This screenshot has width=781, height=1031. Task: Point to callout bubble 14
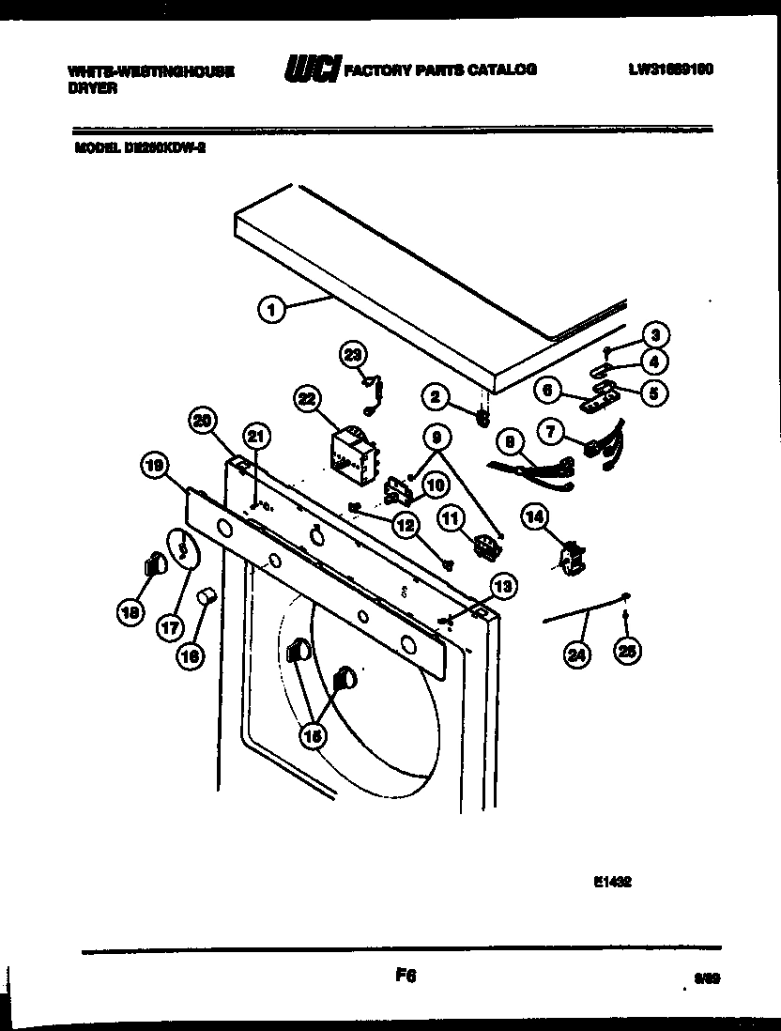click(x=534, y=517)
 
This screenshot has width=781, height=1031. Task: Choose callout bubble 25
click(x=625, y=649)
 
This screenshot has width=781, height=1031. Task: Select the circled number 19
click(x=155, y=465)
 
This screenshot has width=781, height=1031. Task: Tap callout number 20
click(x=202, y=421)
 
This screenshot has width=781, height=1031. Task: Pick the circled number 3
click(x=656, y=334)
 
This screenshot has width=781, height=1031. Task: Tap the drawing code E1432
click(x=610, y=882)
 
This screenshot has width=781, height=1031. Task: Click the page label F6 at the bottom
click(x=405, y=977)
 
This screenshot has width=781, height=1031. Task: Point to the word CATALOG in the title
click(x=500, y=70)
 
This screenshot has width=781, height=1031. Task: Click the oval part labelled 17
click(x=183, y=548)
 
